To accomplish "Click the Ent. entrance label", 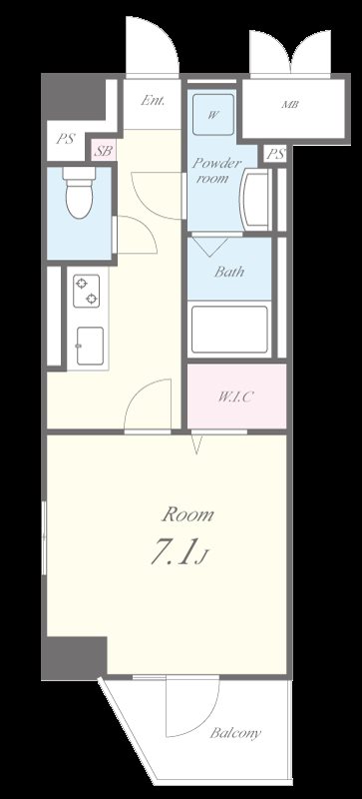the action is pyautogui.click(x=153, y=101).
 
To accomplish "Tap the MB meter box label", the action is pyautogui.click(x=290, y=105).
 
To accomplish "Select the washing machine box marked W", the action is pyautogui.click(x=213, y=114).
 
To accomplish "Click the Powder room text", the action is pyautogui.click(x=216, y=171).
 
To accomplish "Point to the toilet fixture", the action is pyautogui.click(x=80, y=193).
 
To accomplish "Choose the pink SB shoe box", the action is pyautogui.click(x=104, y=151).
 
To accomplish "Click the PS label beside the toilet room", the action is pyautogui.click(x=65, y=139).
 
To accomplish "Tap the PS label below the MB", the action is pyautogui.click(x=275, y=155).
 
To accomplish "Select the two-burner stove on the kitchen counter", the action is pyautogui.click(x=86, y=291).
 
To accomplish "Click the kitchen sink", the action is pyautogui.click(x=90, y=346).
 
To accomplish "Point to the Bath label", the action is pyautogui.click(x=228, y=271).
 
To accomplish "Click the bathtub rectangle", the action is pyautogui.click(x=229, y=330).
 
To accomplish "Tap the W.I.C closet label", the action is pyautogui.click(x=235, y=397).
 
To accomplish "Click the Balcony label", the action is pyautogui.click(x=235, y=733).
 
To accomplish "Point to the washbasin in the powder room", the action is pyautogui.click(x=257, y=199).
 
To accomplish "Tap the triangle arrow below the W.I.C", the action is pyautogui.click(x=196, y=443).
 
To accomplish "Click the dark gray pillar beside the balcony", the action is pyautogui.click(x=75, y=658).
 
